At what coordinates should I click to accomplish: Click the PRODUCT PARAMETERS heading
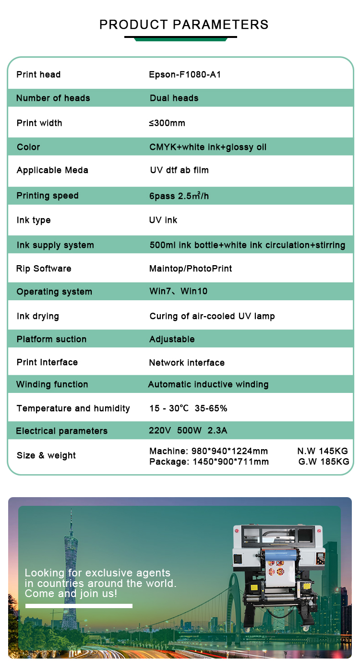[184, 24]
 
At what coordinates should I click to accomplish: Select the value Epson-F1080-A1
[185, 74]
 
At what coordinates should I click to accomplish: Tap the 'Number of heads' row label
[53, 98]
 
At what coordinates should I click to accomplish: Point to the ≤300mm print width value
[167, 123]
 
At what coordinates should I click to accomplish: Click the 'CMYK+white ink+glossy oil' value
[208, 147]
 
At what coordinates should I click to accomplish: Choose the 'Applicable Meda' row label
[52, 170]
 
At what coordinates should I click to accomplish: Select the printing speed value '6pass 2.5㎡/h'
[179, 195]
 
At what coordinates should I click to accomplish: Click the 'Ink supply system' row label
[55, 245]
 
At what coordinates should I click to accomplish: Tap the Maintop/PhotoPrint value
[191, 269]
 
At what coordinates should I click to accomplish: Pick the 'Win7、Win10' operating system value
[179, 292]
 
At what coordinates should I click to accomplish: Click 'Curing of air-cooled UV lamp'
[212, 316]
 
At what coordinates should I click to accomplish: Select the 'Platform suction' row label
[51, 339]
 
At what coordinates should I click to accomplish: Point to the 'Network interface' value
[187, 363]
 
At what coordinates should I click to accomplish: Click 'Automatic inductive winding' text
[208, 384]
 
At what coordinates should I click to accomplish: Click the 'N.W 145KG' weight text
[323, 451]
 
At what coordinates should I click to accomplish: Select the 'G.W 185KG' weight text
[324, 462]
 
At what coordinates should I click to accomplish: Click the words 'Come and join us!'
[71, 594]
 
